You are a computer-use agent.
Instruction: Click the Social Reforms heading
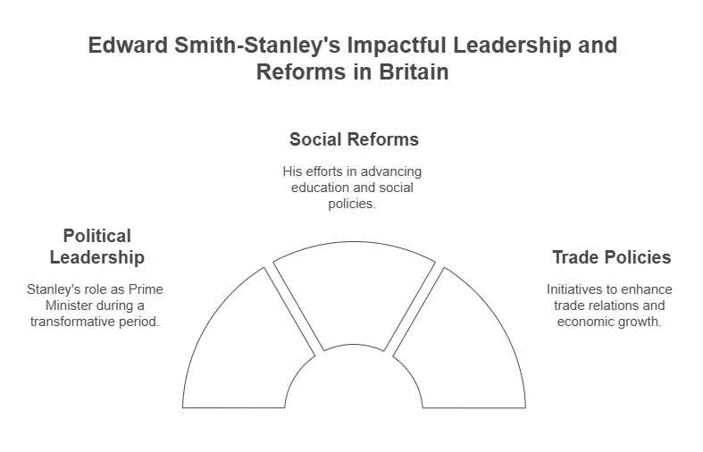point(354,139)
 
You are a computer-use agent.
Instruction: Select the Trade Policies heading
point(611,257)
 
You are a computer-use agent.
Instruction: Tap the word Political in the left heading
point(96,236)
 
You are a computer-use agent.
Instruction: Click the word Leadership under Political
point(96,258)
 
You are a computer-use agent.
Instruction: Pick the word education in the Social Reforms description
point(320,188)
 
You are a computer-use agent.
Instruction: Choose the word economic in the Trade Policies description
point(585,322)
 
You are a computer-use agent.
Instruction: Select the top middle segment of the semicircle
point(354,290)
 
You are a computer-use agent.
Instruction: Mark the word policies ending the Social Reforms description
point(354,204)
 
